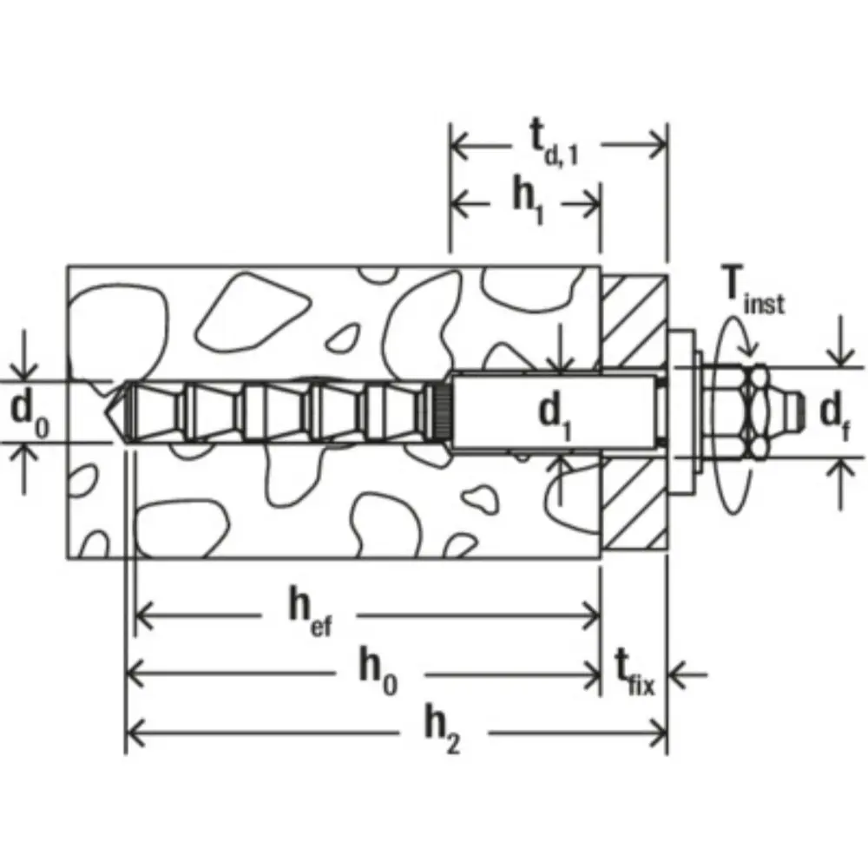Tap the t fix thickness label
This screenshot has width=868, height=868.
[x=635, y=674]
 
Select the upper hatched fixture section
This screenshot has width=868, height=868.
[x=635, y=320]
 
